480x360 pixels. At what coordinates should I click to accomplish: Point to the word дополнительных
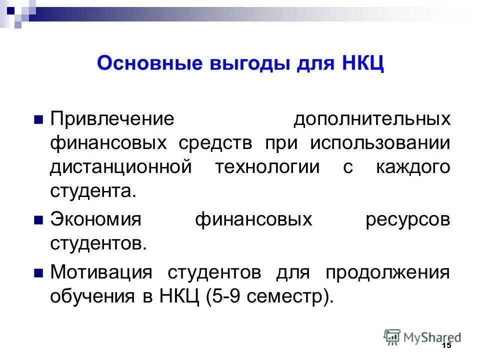[371, 119]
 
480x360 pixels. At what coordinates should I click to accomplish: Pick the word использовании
[380, 143]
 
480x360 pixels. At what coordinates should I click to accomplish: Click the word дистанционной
[120, 167]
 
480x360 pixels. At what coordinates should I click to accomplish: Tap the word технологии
[267, 167]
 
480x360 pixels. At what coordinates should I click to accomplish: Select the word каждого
[413, 167]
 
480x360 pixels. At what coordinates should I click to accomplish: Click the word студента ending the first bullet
[92, 191]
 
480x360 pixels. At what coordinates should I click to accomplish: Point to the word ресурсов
[407, 220]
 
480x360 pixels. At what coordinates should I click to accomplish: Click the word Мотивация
[100, 273]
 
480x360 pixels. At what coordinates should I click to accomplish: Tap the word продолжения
[387, 273]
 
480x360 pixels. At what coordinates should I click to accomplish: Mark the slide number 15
[446, 346]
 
